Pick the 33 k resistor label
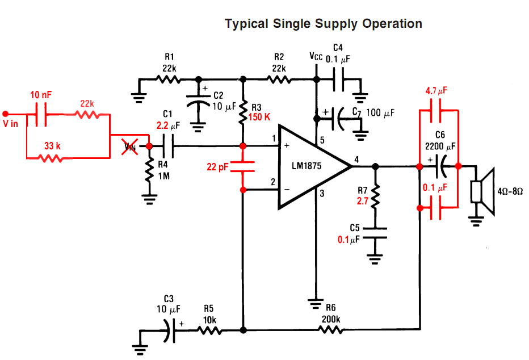pos(51,146)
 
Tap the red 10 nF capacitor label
pos(41,94)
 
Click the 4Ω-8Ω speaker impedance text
pos(510,192)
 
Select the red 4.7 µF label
pos(436,90)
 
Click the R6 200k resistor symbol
pos(331,329)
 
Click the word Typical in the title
pos(246,24)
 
